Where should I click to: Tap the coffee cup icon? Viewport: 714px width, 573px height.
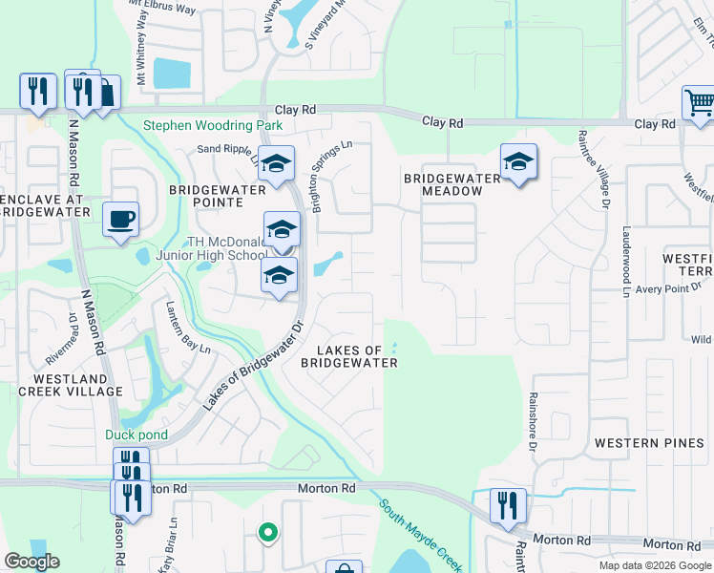pos(121,220)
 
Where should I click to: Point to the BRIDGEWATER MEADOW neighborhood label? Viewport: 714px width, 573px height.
pos(452,184)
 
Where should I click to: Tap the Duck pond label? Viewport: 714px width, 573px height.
pos(136,435)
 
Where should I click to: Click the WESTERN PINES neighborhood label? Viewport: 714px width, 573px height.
pos(640,443)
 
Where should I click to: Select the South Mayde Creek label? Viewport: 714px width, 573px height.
pos(421,531)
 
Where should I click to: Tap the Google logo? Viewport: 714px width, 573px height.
pos(31,562)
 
